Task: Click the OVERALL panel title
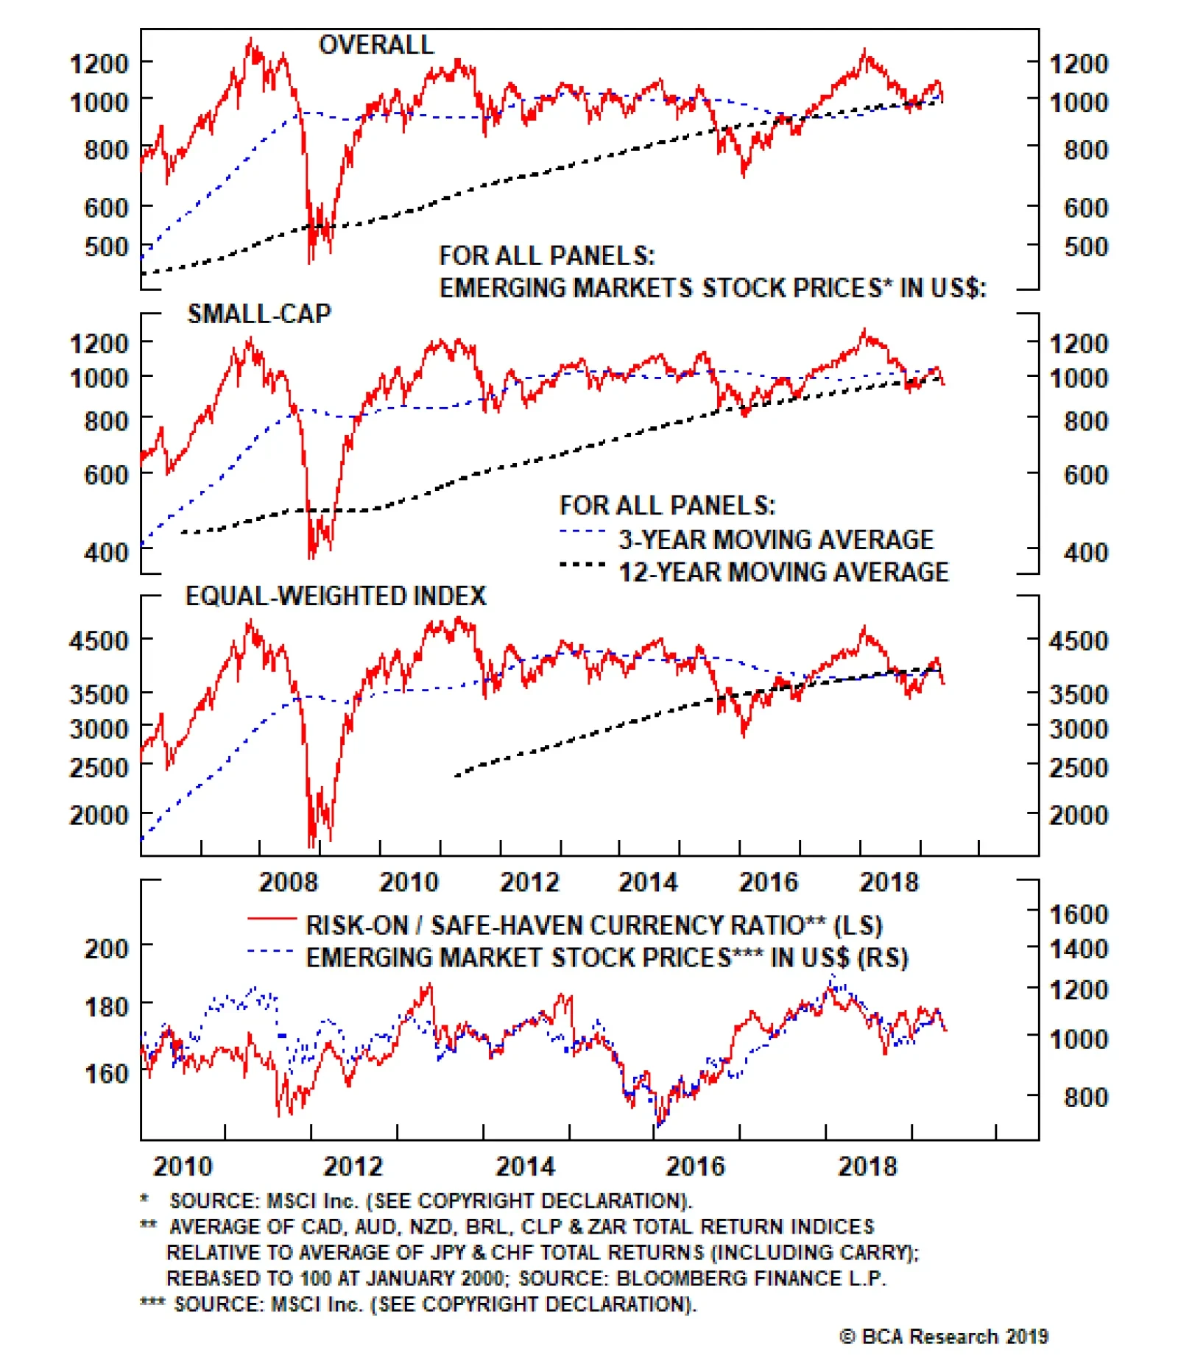[x=375, y=45]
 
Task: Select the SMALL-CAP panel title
[x=259, y=314]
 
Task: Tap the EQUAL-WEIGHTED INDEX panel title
[x=336, y=595]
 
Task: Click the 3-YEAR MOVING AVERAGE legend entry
[x=775, y=540]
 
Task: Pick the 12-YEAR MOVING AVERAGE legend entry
[x=783, y=572]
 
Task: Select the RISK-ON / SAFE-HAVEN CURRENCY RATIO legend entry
[x=593, y=925]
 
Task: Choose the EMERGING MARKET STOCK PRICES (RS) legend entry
[x=607, y=958]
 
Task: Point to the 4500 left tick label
[x=99, y=640]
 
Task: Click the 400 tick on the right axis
[x=1085, y=552]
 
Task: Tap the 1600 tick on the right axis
[x=1078, y=914]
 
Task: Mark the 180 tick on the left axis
[x=107, y=1006]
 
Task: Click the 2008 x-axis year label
[x=288, y=882]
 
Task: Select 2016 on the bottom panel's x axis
[x=695, y=1166]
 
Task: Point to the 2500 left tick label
[x=99, y=768]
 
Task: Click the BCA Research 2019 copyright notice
[x=943, y=1336]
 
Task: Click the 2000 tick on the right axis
[x=1078, y=815]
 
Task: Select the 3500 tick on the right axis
[x=1078, y=694]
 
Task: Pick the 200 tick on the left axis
[x=107, y=948]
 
